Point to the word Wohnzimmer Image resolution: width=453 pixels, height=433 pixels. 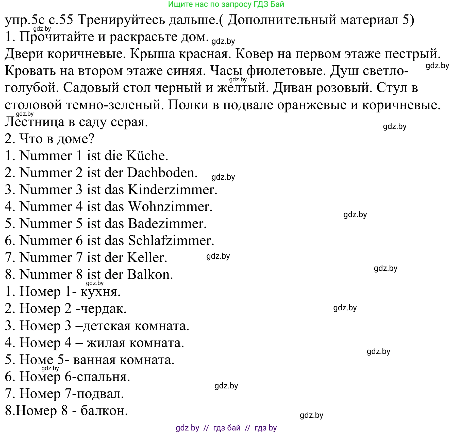pos(170,206)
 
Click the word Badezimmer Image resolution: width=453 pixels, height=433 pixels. pos(167,223)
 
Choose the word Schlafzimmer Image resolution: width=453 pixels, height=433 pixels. pos(171,240)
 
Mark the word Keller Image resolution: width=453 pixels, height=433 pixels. pos(147,257)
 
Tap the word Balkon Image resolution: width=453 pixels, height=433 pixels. pos(150,274)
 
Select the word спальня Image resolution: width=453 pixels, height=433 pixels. pos(103,377)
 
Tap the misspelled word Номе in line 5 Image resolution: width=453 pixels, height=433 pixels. pos(36,360)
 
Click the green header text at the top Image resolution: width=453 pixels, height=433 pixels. pos(226,4)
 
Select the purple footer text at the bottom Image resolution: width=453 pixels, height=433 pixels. pos(226,428)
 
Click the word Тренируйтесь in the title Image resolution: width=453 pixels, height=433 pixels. pos(121,20)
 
